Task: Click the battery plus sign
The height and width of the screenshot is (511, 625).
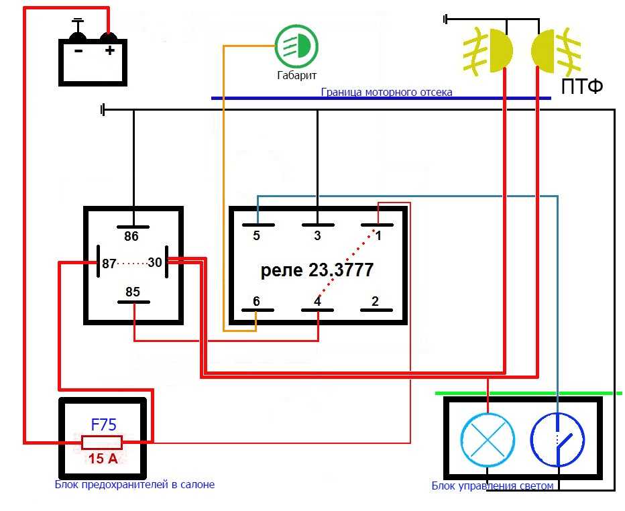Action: [109, 50]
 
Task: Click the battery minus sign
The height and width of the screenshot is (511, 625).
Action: [78, 50]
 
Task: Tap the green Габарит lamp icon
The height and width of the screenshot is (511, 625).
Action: [296, 46]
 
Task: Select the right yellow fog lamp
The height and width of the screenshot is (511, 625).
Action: [556, 50]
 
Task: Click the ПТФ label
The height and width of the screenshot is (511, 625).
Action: [582, 87]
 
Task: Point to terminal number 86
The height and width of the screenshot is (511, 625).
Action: [131, 236]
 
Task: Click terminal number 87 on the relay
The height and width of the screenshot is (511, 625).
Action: [109, 264]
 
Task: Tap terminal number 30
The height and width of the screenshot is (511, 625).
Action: [155, 262]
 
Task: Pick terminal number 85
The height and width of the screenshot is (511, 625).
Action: [133, 292]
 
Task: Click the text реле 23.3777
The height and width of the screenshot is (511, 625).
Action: [317, 270]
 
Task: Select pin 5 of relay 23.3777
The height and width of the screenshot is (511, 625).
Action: [256, 235]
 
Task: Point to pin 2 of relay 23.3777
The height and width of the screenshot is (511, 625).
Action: [375, 301]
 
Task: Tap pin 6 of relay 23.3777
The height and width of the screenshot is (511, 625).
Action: [256, 301]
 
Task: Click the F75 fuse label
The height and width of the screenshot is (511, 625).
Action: [104, 425]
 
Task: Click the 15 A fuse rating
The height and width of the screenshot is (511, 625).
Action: [103, 459]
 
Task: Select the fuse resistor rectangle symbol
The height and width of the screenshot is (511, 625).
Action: [102, 443]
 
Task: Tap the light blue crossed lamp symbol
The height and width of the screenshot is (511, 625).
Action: [488, 440]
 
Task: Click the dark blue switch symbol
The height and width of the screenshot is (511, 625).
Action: [557, 440]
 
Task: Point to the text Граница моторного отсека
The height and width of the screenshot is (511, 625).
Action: [387, 92]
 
